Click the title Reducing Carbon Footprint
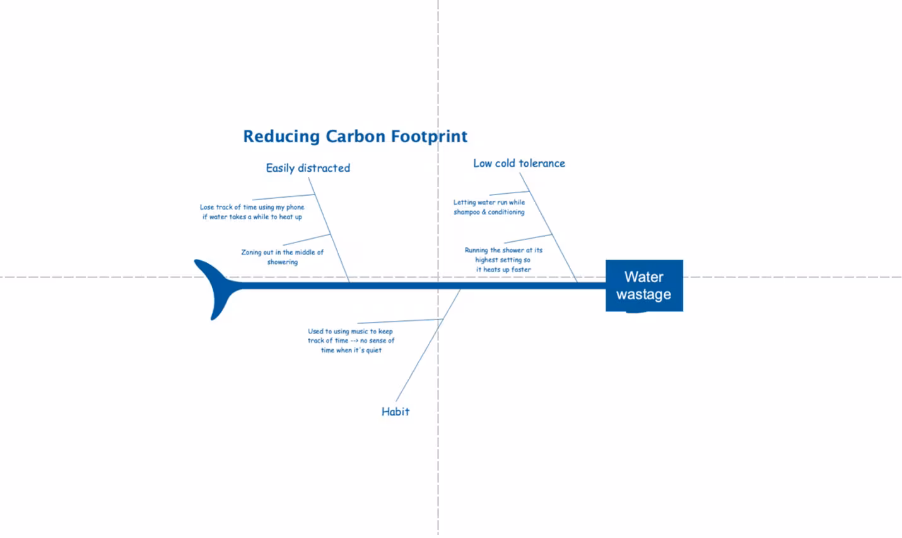pyautogui.click(x=355, y=136)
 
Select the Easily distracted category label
pyautogui.click(x=308, y=168)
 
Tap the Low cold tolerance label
pyautogui.click(x=519, y=164)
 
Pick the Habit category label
pyautogui.click(x=395, y=412)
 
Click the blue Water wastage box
pyautogui.click(x=644, y=285)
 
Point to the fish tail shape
pyautogui.click(x=214, y=287)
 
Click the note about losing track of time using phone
pyautogui.click(x=252, y=212)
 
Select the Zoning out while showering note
pyautogui.click(x=282, y=257)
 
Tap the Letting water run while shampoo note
pyautogui.click(x=489, y=207)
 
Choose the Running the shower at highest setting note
pyautogui.click(x=503, y=260)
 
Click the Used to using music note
pyautogui.click(x=351, y=340)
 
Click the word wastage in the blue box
pyautogui.click(x=643, y=294)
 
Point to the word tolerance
pyautogui.click(x=542, y=164)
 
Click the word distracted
pyautogui.click(x=324, y=168)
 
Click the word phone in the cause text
pyautogui.click(x=295, y=207)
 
